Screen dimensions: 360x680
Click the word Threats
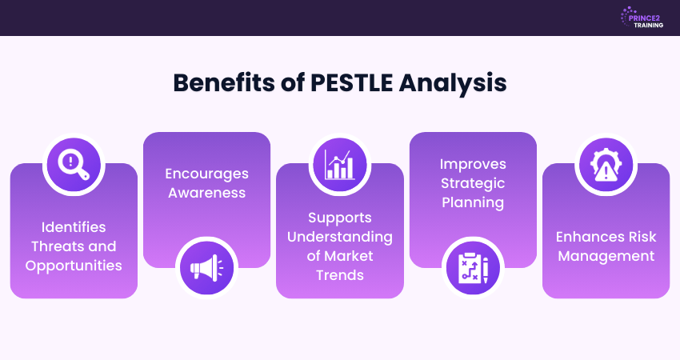(62, 246)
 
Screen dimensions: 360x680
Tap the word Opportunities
(74, 265)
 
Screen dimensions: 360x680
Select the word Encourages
(206, 174)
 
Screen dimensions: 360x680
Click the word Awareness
(206, 193)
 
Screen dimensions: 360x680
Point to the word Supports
(340, 217)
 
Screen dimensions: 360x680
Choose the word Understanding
(340, 236)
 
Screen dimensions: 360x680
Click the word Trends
(340, 275)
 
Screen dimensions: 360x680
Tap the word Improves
(473, 163)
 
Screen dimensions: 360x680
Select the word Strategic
(473, 182)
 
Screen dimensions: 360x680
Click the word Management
(606, 256)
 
